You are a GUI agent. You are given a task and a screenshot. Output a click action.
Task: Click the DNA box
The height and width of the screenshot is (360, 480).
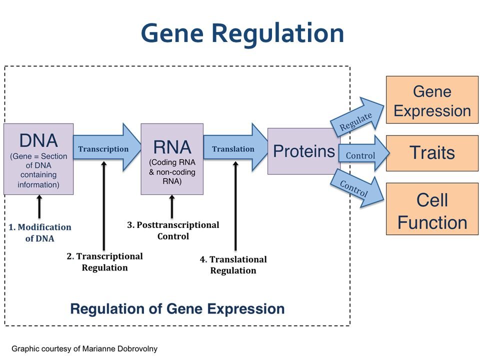[x=38, y=159]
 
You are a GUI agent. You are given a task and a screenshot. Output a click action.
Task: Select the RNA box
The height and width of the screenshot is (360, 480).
[x=172, y=159]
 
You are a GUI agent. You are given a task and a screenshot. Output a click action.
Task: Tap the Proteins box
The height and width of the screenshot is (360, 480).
[x=304, y=151]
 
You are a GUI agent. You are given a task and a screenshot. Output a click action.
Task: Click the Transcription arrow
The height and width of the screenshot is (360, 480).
[x=107, y=147]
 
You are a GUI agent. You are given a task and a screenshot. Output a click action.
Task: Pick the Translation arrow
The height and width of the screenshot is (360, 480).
[x=235, y=147]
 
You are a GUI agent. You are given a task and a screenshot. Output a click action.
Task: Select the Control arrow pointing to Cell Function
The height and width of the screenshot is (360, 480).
[x=357, y=189]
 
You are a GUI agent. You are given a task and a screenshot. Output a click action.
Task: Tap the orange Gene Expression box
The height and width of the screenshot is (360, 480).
[x=432, y=100]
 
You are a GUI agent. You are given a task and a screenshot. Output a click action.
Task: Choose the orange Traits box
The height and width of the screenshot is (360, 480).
[x=432, y=153]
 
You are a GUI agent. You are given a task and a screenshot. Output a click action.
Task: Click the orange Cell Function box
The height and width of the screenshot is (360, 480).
[x=432, y=209]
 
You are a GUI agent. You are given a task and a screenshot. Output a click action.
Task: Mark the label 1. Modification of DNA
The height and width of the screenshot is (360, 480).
[x=40, y=232]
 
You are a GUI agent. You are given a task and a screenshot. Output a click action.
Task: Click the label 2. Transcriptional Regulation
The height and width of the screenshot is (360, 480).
[x=104, y=262]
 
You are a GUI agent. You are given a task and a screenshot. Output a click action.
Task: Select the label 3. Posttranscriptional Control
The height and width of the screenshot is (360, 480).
[x=173, y=230]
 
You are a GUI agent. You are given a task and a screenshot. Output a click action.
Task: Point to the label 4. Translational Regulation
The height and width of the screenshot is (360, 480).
[x=233, y=265]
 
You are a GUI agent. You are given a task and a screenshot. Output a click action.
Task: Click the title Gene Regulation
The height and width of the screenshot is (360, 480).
[x=242, y=33]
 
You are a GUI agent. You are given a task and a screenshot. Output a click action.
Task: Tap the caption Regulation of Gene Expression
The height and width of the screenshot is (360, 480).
[x=177, y=308]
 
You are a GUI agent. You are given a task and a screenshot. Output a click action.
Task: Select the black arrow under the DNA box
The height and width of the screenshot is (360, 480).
[x=39, y=206]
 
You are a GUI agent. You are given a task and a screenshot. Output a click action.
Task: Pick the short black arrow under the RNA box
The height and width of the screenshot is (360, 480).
[x=172, y=206]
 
